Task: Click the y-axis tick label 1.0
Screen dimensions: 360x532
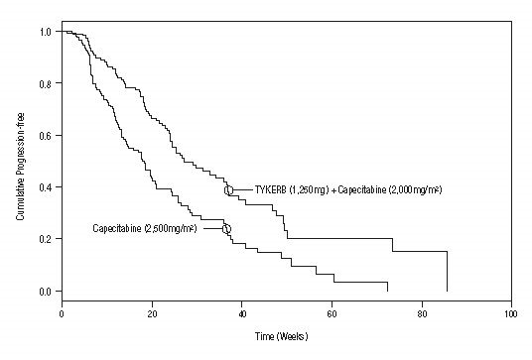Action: click(x=46, y=32)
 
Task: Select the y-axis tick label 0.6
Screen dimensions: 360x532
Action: click(x=46, y=135)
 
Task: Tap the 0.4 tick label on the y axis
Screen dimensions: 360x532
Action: click(x=46, y=186)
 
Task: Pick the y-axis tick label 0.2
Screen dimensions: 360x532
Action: click(x=46, y=239)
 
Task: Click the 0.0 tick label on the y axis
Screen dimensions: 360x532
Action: click(x=46, y=291)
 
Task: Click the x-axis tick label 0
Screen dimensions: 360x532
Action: click(x=62, y=313)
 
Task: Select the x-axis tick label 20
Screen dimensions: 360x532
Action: click(x=152, y=313)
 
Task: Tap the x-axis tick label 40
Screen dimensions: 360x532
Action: click(x=241, y=313)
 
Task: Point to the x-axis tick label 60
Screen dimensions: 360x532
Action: click(x=332, y=313)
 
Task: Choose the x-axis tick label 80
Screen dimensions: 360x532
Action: click(x=421, y=313)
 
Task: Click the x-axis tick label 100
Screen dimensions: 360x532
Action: click(x=510, y=313)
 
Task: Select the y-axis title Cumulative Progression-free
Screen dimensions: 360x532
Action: click(x=20, y=162)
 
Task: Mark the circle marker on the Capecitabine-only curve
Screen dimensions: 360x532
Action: click(x=226, y=229)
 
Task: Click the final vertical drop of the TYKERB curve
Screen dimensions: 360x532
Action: click(x=447, y=270)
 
